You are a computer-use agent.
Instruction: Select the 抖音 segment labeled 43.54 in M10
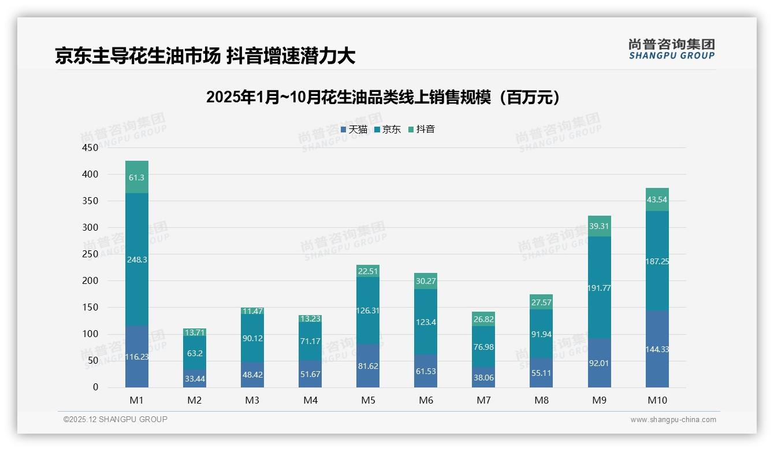coord(657,199)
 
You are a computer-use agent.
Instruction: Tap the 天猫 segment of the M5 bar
coord(368,366)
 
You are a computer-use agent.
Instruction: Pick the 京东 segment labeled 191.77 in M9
coord(600,287)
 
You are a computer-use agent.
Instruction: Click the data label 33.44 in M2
coord(195,379)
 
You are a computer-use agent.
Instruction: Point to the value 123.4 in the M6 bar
coord(426,322)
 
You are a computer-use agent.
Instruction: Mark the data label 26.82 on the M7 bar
coord(483,319)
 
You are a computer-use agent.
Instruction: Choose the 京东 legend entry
coord(388,130)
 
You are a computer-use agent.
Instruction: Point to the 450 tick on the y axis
coord(91,147)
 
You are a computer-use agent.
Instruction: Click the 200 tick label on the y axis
coord(91,281)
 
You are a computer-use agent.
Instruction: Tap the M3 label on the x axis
coord(252,400)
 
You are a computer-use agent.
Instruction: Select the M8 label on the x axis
coord(541,400)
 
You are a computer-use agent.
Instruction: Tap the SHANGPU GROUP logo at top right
coord(671,49)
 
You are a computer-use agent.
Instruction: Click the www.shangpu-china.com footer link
coord(673,420)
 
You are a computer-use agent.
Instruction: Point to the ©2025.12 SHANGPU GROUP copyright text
coord(116,419)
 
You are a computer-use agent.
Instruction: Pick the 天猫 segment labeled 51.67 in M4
coord(310,374)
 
